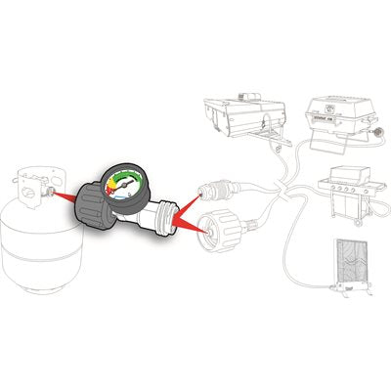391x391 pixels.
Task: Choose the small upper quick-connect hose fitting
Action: click(x=215, y=187)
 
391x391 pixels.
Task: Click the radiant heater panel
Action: click(x=349, y=266)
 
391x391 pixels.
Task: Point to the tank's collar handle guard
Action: click(x=34, y=181)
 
